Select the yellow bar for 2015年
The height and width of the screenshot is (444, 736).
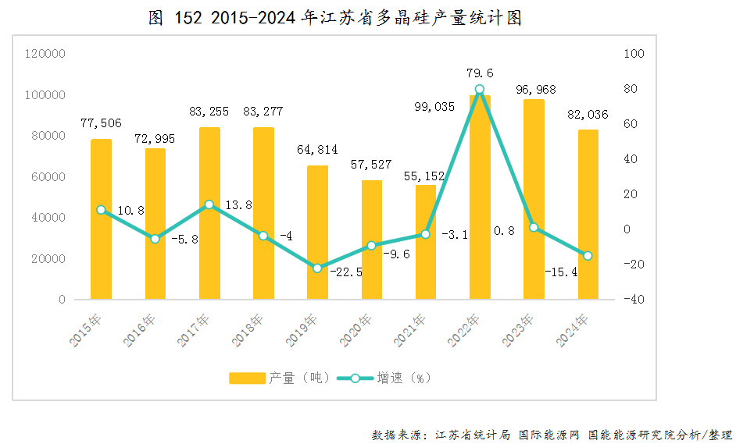102,219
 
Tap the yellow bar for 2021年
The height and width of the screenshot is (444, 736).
426,242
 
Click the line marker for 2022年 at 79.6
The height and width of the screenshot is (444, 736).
480,90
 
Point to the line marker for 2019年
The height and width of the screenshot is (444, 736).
317,268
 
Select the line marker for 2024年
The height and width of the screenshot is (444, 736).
588,256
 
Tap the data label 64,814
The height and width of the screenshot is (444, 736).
317,150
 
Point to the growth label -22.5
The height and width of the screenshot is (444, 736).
346,272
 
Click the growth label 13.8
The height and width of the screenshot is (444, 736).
238,205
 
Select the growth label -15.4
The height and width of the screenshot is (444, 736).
563,272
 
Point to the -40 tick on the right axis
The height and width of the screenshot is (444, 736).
634,300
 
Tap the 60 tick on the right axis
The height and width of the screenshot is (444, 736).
632,124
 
